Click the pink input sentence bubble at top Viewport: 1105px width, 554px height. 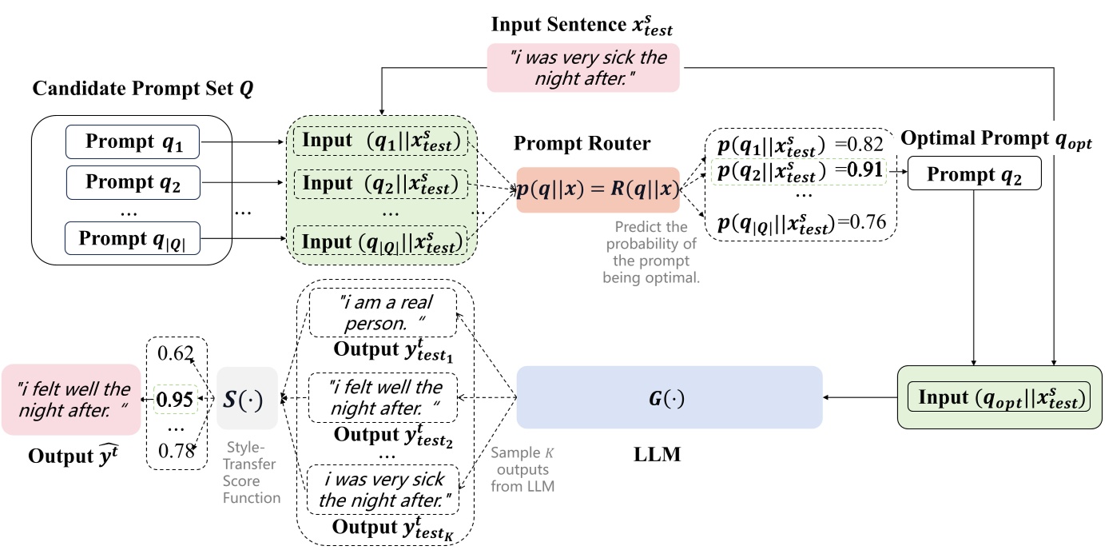click(582, 66)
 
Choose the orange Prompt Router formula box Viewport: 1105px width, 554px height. click(598, 189)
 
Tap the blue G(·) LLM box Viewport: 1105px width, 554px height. click(670, 397)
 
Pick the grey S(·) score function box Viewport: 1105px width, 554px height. click(247, 397)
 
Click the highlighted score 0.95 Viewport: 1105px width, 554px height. click(175, 397)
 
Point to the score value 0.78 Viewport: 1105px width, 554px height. click(175, 452)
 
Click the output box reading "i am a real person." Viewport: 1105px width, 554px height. click(383, 313)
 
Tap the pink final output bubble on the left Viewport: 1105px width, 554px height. click(70, 399)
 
